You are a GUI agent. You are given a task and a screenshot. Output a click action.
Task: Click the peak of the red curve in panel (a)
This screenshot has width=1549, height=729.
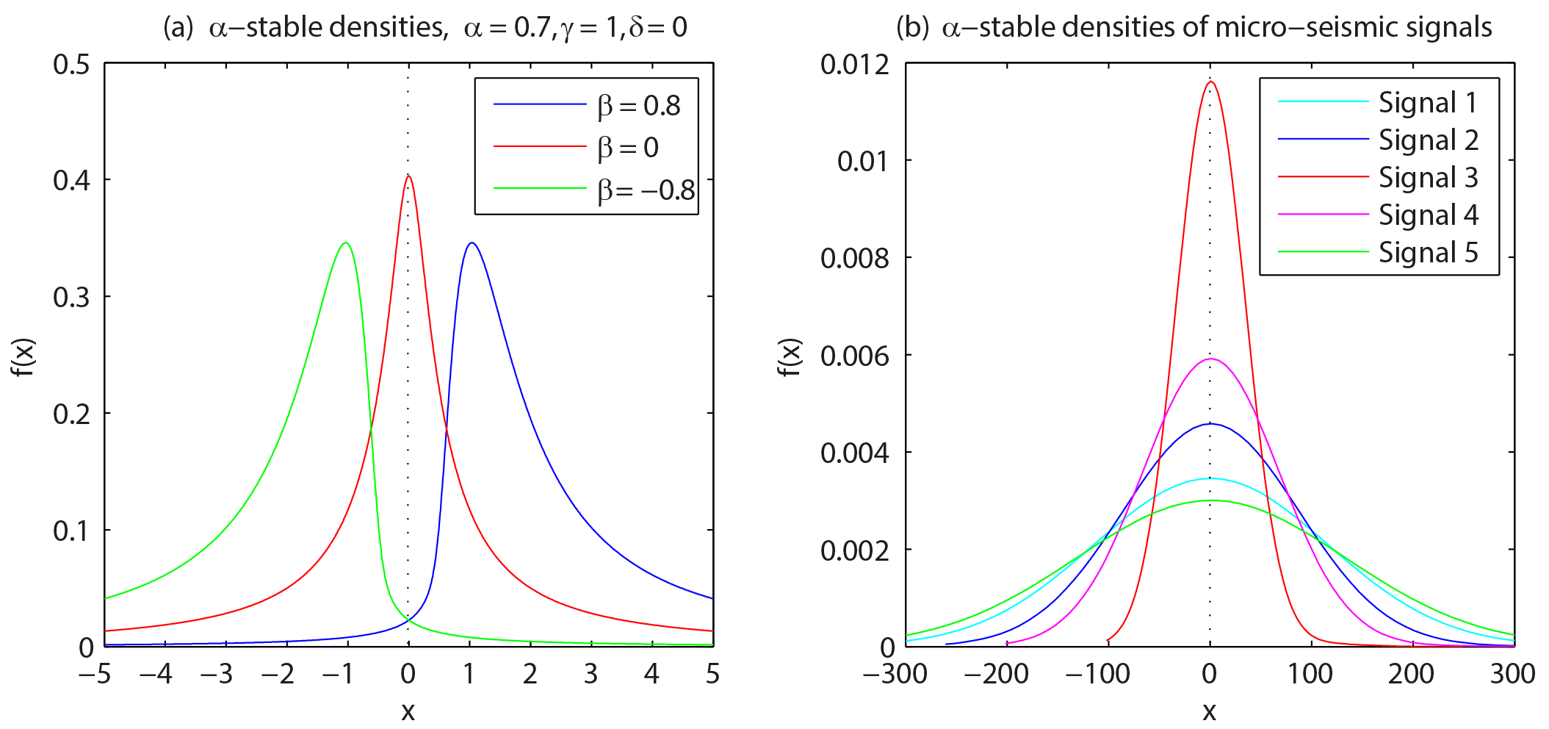pos(409,176)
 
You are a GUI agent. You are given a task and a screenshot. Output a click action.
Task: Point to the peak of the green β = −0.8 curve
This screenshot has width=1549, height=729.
pos(346,243)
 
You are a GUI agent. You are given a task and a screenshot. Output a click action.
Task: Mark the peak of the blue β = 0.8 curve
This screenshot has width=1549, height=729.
pos(472,243)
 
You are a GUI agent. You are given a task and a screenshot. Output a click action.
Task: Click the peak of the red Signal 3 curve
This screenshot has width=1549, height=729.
pos(1210,82)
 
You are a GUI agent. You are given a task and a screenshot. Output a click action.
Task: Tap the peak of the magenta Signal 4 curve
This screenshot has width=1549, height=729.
pos(1210,359)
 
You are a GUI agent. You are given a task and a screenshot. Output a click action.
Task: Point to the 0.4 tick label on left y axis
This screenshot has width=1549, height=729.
pos(71,180)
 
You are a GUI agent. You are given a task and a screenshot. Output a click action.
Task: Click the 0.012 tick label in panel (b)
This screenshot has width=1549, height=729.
pos(854,65)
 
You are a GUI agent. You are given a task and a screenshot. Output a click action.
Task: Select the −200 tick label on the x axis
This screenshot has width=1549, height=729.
pos(996,674)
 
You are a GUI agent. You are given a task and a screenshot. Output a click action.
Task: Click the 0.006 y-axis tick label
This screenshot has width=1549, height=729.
pos(854,356)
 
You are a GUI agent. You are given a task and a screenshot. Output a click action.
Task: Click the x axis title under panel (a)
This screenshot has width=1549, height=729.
pos(408,711)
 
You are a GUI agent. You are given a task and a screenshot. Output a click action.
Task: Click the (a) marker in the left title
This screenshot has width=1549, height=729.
pos(178,28)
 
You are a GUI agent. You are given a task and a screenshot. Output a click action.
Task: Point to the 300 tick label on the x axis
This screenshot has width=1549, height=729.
pos(1512,674)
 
